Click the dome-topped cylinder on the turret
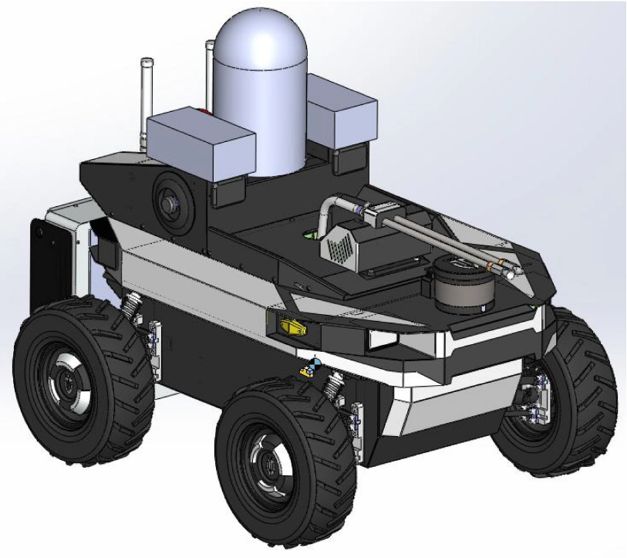(262, 93)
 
